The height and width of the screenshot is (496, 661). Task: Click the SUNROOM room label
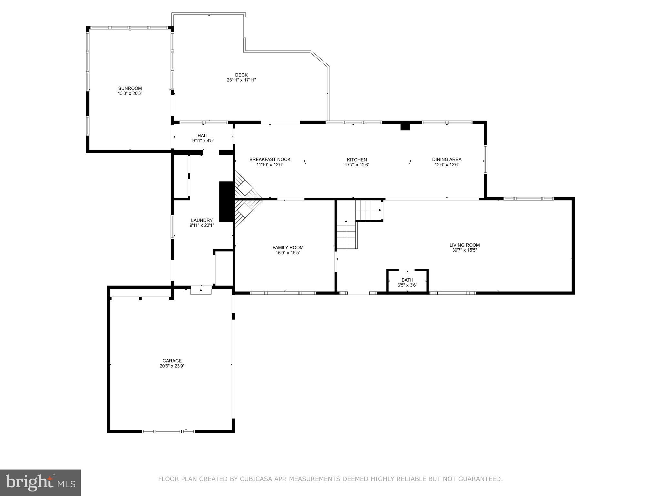130,88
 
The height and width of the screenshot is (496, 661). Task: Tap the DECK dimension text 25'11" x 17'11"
241,80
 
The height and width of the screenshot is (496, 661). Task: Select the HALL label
203,136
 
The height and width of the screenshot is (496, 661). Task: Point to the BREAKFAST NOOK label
270,160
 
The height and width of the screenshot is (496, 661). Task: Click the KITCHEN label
357,160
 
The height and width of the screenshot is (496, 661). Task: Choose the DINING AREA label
447,160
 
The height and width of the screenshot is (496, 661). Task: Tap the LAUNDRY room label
202,220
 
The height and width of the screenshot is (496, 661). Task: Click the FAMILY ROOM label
288,248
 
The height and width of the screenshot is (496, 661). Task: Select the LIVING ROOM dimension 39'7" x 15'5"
464,250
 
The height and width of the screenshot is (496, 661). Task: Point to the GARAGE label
172,361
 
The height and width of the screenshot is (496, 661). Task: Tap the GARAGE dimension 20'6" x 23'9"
172,366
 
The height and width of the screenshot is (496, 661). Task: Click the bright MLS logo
40,482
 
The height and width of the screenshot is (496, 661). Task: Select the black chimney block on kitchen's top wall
405,127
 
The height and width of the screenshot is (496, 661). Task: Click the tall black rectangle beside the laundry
226,202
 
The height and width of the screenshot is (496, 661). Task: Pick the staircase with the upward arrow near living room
346,234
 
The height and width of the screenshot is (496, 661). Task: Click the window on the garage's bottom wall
168,431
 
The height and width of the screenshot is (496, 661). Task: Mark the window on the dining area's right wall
485,160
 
